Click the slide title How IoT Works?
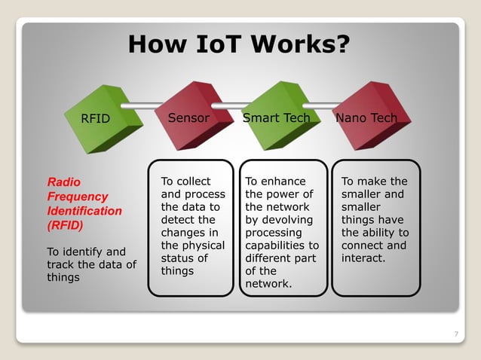[239, 44]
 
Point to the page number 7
[455, 334]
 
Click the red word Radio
[64, 182]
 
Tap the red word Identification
[84, 211]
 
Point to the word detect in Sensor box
[178, 220]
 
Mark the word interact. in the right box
[363, 258]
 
